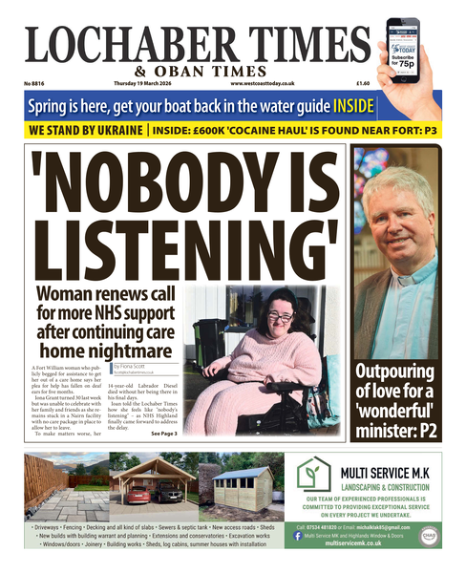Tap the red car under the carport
[x=139, y=494]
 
